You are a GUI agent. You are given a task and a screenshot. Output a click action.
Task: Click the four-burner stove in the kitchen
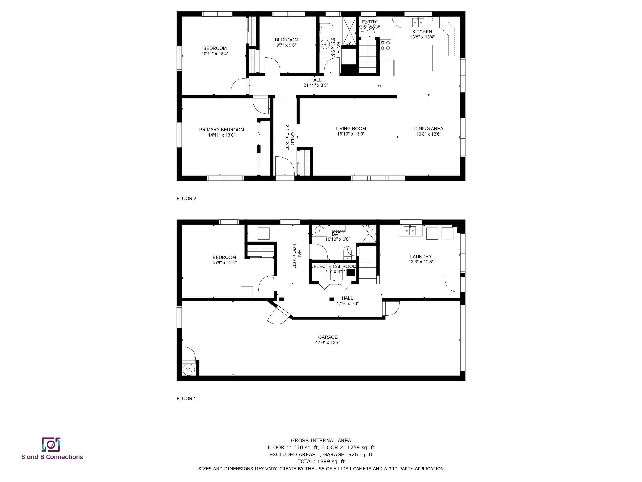(x=385, y=45)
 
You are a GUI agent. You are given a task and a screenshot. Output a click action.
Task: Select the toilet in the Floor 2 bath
(x=326, y=27)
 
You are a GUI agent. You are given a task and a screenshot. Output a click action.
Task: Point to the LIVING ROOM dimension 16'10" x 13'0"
(x=351, y=134)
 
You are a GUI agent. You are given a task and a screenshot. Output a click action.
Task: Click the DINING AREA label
(x=428, y=128)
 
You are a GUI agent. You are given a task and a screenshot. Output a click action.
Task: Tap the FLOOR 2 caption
(x=186, y=199)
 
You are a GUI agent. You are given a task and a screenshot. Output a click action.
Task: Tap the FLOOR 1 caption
(x=186, y=398)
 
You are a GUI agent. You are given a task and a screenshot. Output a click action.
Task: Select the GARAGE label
(x=328, y=337)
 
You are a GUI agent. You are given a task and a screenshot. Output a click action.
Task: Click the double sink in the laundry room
(x=410, y=231)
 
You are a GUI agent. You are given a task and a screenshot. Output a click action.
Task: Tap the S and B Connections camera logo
(x=51, y=445)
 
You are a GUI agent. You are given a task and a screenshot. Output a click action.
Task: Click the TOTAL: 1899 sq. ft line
(x=321, y=461)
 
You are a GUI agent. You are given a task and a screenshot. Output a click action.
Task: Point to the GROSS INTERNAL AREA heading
(x=321, y=440)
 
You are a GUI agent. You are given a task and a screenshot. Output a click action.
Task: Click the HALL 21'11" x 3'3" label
(x=316, y=82)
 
